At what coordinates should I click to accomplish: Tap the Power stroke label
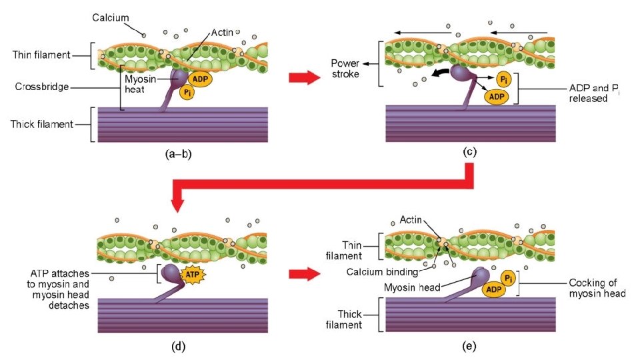[345, 69]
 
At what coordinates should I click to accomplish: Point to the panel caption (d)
[179, 345]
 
